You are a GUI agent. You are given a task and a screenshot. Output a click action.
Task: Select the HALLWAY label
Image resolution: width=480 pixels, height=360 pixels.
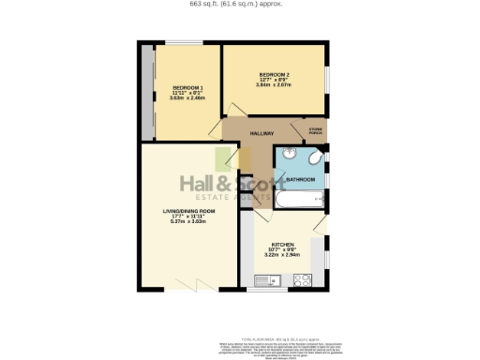[x=247, y=133]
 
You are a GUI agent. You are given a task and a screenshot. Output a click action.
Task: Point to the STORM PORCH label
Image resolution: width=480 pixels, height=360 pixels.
[x=315, y=131]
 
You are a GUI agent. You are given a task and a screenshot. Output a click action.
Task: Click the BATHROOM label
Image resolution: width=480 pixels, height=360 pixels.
[x=300, y=178]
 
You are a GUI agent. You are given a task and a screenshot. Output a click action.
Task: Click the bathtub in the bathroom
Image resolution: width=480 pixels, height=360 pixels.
[x=297, y=200]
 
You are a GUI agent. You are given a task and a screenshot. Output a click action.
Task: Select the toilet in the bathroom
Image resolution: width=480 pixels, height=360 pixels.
[x=315, y=155]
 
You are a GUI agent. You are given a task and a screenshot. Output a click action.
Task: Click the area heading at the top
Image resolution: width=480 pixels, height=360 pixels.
[x=240, y=4]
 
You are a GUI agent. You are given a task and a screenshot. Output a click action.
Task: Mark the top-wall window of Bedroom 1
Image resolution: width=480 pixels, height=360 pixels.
[x=182, y=43]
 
